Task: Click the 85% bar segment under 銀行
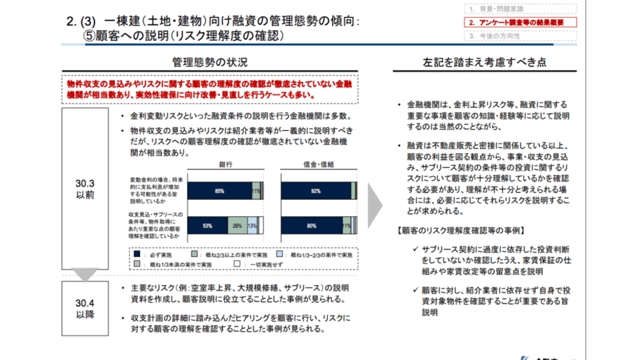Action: tap(219, 191)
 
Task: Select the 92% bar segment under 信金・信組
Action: tap(316, 191)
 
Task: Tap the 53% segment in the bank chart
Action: tap(207, 226)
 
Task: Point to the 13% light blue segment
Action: tap(252, 226)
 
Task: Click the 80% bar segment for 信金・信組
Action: tap(311, 226)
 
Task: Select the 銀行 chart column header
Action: tap(226, 164)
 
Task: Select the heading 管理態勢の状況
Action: tap(209, 62)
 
